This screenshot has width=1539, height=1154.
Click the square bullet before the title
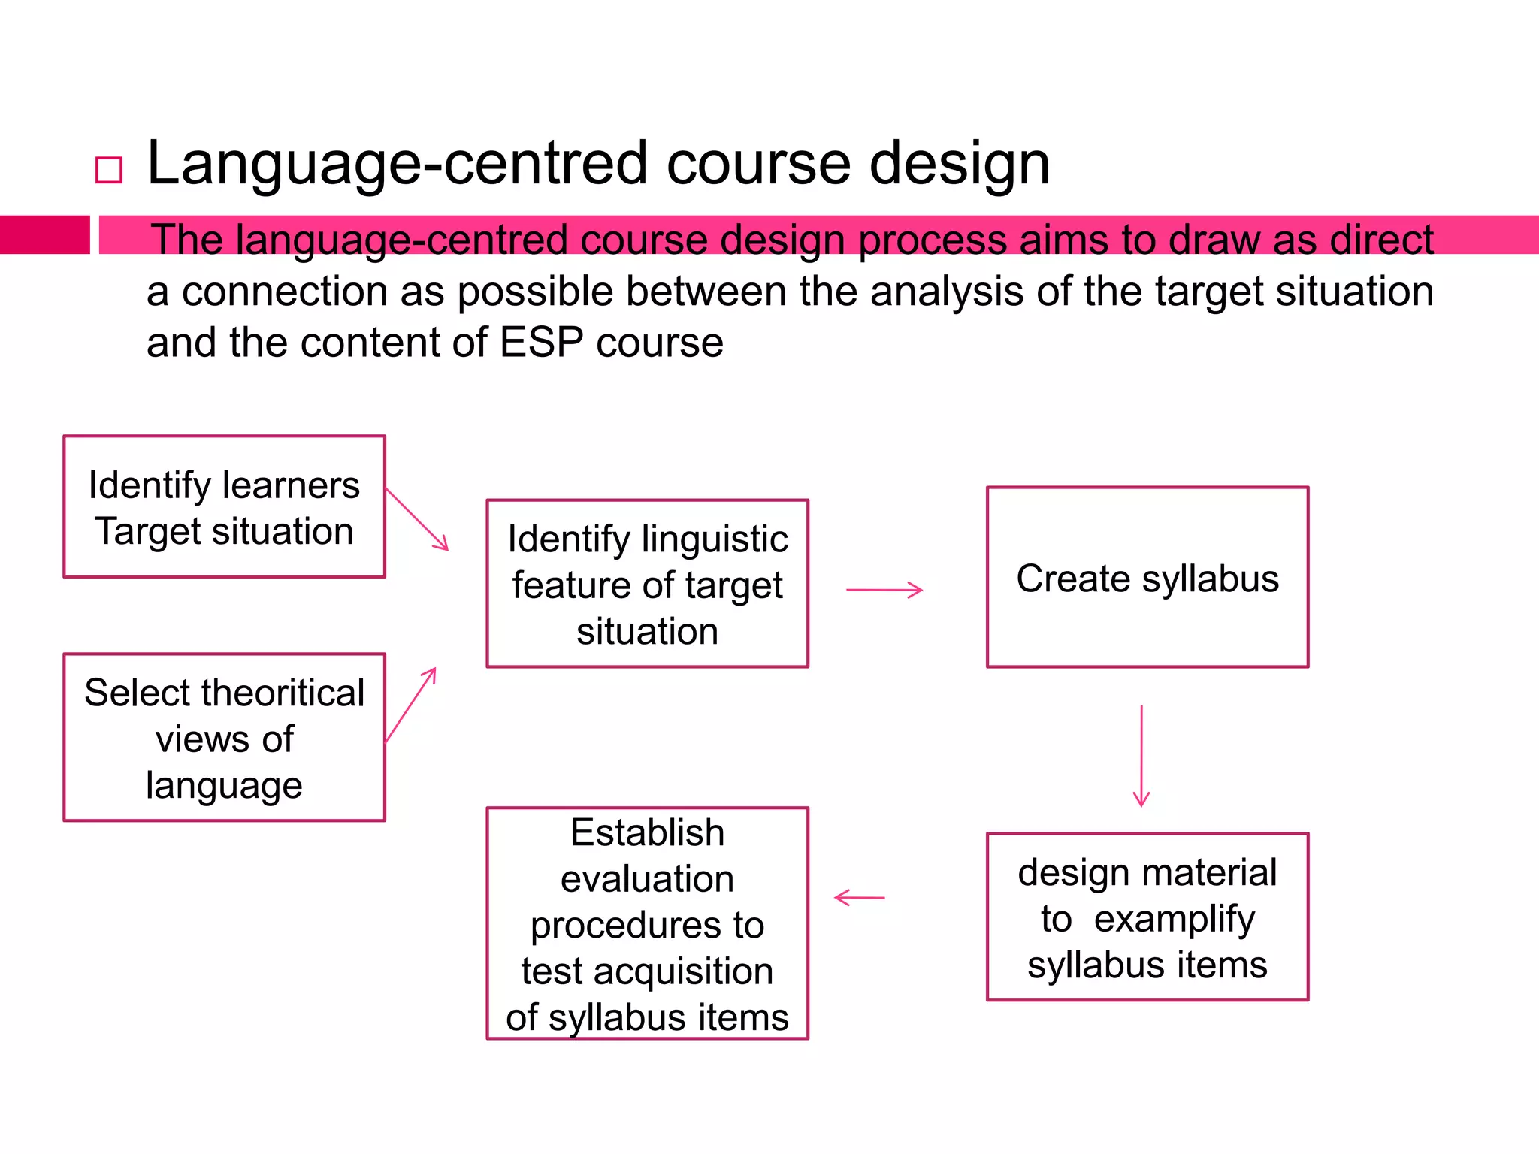109,170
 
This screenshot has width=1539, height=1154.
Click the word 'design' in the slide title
960,164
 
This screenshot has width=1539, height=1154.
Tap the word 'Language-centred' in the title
397,164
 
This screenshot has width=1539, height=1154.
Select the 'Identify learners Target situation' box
224,507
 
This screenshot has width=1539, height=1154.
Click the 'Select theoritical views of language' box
224,737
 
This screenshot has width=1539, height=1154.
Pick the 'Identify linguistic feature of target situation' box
647,584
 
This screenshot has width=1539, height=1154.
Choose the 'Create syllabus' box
1147,578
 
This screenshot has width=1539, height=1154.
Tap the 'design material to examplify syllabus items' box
1147,917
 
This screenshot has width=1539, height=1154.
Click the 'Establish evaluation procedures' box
647,923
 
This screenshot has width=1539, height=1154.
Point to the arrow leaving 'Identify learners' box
417,519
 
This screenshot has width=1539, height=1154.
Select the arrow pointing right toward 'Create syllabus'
884,591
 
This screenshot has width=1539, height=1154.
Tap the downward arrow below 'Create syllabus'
1141,755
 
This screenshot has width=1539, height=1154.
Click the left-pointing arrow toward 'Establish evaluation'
860,897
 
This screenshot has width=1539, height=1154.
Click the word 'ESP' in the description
541,343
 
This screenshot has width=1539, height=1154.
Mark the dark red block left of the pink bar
44,234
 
